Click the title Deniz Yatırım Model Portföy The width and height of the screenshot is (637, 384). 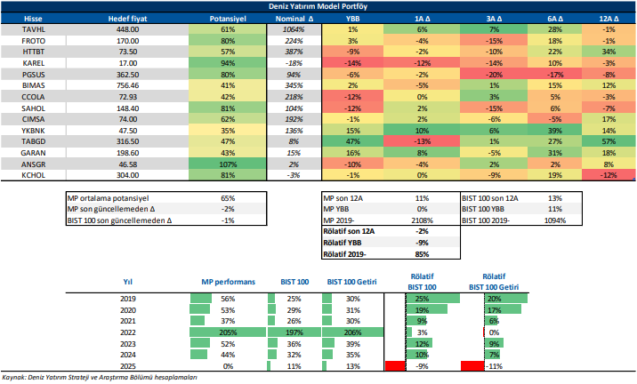pyautogui.click(x=318, y=5)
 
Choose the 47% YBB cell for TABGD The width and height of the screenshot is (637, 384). pyautogui.click(x=353, y=140)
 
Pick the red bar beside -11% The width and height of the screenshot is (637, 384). pyautogui.click(x=472, y=365)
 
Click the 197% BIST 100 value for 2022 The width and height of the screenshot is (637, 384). pyautogui.click(x=294, y=332)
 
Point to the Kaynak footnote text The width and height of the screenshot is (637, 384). pyautogui.click(x=98, y=378)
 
